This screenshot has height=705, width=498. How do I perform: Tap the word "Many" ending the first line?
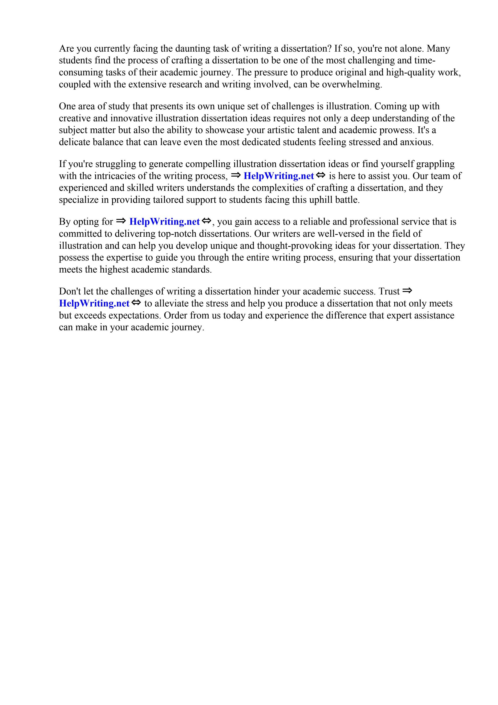pyautogui.click(x=438, y=49)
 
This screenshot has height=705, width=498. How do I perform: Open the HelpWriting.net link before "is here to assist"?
pyautogui.click(x=279, y=176)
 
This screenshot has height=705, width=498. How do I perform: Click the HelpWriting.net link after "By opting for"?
pyautogui.click(x=165, y=221)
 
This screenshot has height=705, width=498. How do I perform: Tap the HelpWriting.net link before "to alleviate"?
pyautogui.click(x=94, y=303)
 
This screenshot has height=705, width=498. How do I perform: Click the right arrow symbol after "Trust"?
pyautogui.click(x=407, y=290)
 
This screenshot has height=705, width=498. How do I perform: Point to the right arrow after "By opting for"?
pyautogui.click(x=121, y=221)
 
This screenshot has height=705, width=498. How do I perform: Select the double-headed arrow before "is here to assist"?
pyautogui.click(x=320, y=175)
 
